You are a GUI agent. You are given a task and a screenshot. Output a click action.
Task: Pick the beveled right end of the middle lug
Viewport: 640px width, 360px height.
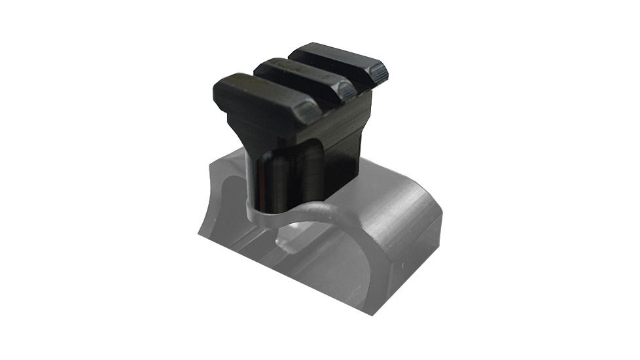click(x=348, y=92)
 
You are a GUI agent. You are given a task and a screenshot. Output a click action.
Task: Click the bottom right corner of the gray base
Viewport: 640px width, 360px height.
click(x=374, y=313)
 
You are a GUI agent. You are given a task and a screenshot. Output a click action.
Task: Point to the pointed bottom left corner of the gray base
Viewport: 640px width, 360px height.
click(x=199, y=232)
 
